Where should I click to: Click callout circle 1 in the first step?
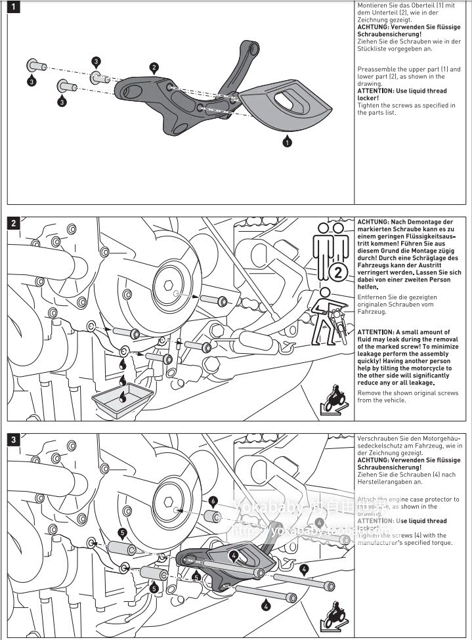pos(287,140)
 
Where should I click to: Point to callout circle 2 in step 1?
pos(154,67)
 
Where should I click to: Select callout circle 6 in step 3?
pos(213,500)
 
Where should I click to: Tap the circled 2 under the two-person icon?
pos(337,272)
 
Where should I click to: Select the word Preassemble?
pos(377,70)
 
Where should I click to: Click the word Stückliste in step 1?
pos(373,48)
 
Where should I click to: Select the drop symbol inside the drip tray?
pos(124,395)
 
